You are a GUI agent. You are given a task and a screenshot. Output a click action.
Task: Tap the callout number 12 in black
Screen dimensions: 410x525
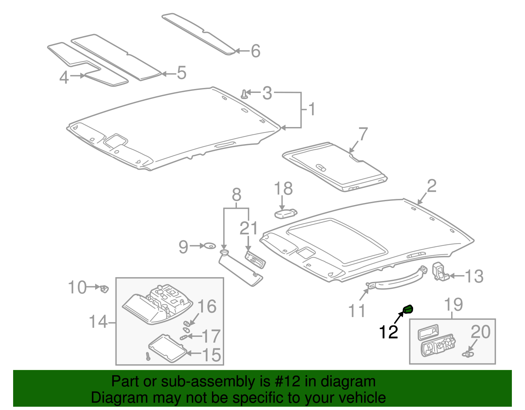pyautogui.click(x=388, y=332)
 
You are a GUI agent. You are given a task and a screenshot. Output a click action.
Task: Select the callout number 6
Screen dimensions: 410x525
pyautogui.click(x=256, y=51)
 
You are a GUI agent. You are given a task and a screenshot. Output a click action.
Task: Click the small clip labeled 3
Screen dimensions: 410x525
pyautogui.click(x=244, y=94)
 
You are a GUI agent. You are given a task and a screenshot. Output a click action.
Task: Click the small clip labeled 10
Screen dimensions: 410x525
pyautogui.click(x=104, y=289)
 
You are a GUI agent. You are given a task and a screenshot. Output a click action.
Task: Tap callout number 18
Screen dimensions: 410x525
pyautogui.click(x=283, y=189)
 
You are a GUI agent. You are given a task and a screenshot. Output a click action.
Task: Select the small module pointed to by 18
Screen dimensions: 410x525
pyautogui.click(x=285, y=213)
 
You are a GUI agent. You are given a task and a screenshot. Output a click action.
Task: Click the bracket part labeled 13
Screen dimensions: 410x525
pyautogui.click(x=440, y=271)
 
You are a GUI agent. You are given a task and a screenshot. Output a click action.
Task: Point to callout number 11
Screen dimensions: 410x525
pyautogui.click(x=357, y=311)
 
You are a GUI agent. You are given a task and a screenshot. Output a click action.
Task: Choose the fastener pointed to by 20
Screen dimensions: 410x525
pyautogui.click(x=468, y=354)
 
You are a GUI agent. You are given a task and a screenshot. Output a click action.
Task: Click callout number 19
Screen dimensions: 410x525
pyautogui.click(x=453, y=305)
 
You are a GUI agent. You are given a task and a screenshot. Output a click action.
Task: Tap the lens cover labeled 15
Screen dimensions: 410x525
pyautogui.click(x=167, y=349)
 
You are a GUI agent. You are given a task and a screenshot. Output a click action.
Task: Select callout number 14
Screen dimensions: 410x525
pyautogui.click(x=98, y=322)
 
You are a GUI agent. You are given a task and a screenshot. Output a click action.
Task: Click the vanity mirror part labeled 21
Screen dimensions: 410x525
pyautogui.click(x=255, y=260)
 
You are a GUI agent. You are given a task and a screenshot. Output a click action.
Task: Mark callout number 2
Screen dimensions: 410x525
pyautogui.click(x=431, y=186)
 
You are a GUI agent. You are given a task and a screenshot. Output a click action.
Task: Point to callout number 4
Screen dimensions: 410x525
pyautogui.click(x=64, y=77)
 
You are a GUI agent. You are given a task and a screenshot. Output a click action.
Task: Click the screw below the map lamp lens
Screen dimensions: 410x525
pyautogui.click(x=148, y=356)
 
